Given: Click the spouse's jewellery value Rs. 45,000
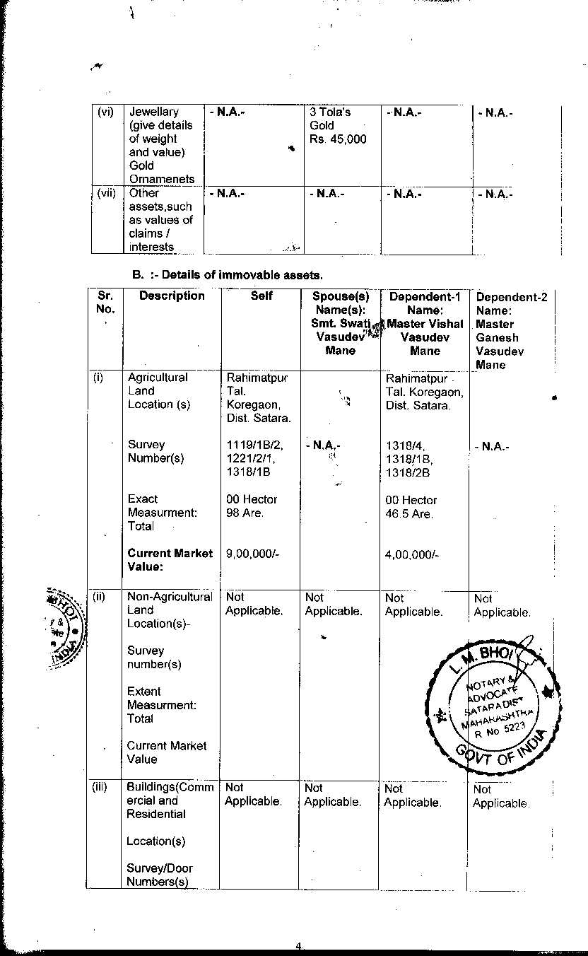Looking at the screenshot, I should point(338,139).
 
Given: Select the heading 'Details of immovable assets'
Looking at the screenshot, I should point(233,274).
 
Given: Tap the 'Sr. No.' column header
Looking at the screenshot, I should point(104,303).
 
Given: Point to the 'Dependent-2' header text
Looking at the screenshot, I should point(512,298).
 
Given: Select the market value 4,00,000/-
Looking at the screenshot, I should point(412,555).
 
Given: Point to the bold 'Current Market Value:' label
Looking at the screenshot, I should point(170,560).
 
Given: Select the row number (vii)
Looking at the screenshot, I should point(106,193).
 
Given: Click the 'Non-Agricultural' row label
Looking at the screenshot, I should point(170,597).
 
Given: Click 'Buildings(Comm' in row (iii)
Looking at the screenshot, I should point(170,787).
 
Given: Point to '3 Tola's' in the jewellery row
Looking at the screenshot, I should point(330,112).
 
